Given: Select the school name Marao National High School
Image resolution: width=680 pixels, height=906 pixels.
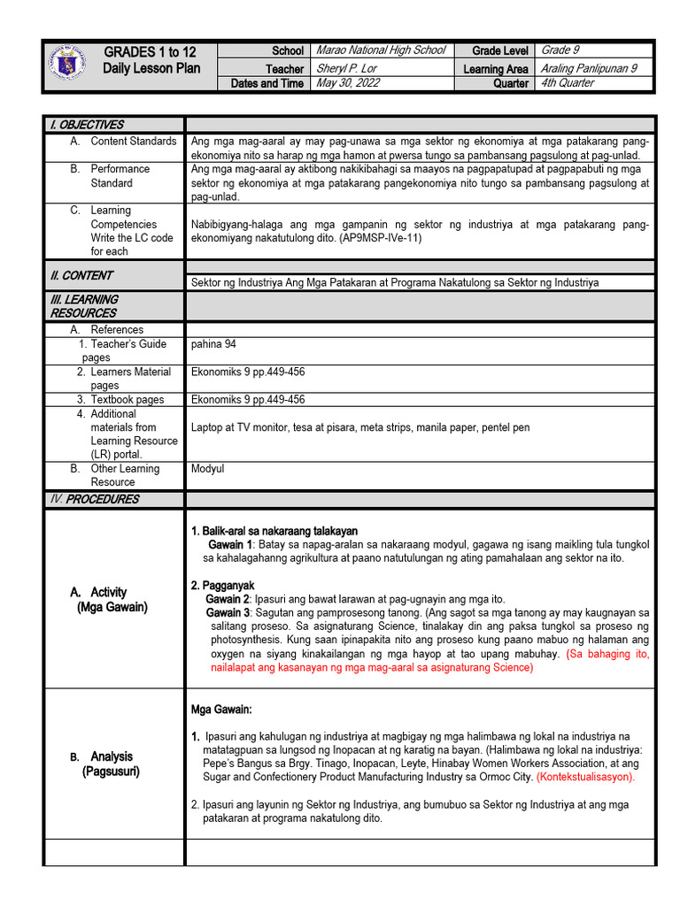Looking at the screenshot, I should point(380,50).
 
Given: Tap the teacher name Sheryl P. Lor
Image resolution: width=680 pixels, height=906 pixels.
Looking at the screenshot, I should point(346,68).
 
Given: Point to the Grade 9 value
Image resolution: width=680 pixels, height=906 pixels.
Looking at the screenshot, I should point(560,50).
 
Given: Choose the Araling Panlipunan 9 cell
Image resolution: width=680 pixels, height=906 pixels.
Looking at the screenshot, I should point(589,68).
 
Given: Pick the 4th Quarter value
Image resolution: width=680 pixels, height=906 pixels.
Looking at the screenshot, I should point(568,83).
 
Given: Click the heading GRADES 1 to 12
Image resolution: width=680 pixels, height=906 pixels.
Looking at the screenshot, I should point(151,51).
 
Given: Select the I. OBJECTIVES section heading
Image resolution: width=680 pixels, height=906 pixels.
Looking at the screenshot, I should point(87,125).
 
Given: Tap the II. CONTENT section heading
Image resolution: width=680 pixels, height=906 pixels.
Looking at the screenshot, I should point(81,275).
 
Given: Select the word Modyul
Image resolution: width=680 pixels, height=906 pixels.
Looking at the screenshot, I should point(208,469).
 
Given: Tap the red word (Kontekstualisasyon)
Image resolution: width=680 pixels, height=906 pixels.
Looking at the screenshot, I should point(585,777).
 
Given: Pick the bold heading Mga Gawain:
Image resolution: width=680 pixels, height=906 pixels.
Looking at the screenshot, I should point(221,710).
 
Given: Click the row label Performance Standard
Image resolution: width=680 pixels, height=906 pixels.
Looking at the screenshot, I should point(120,175).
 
